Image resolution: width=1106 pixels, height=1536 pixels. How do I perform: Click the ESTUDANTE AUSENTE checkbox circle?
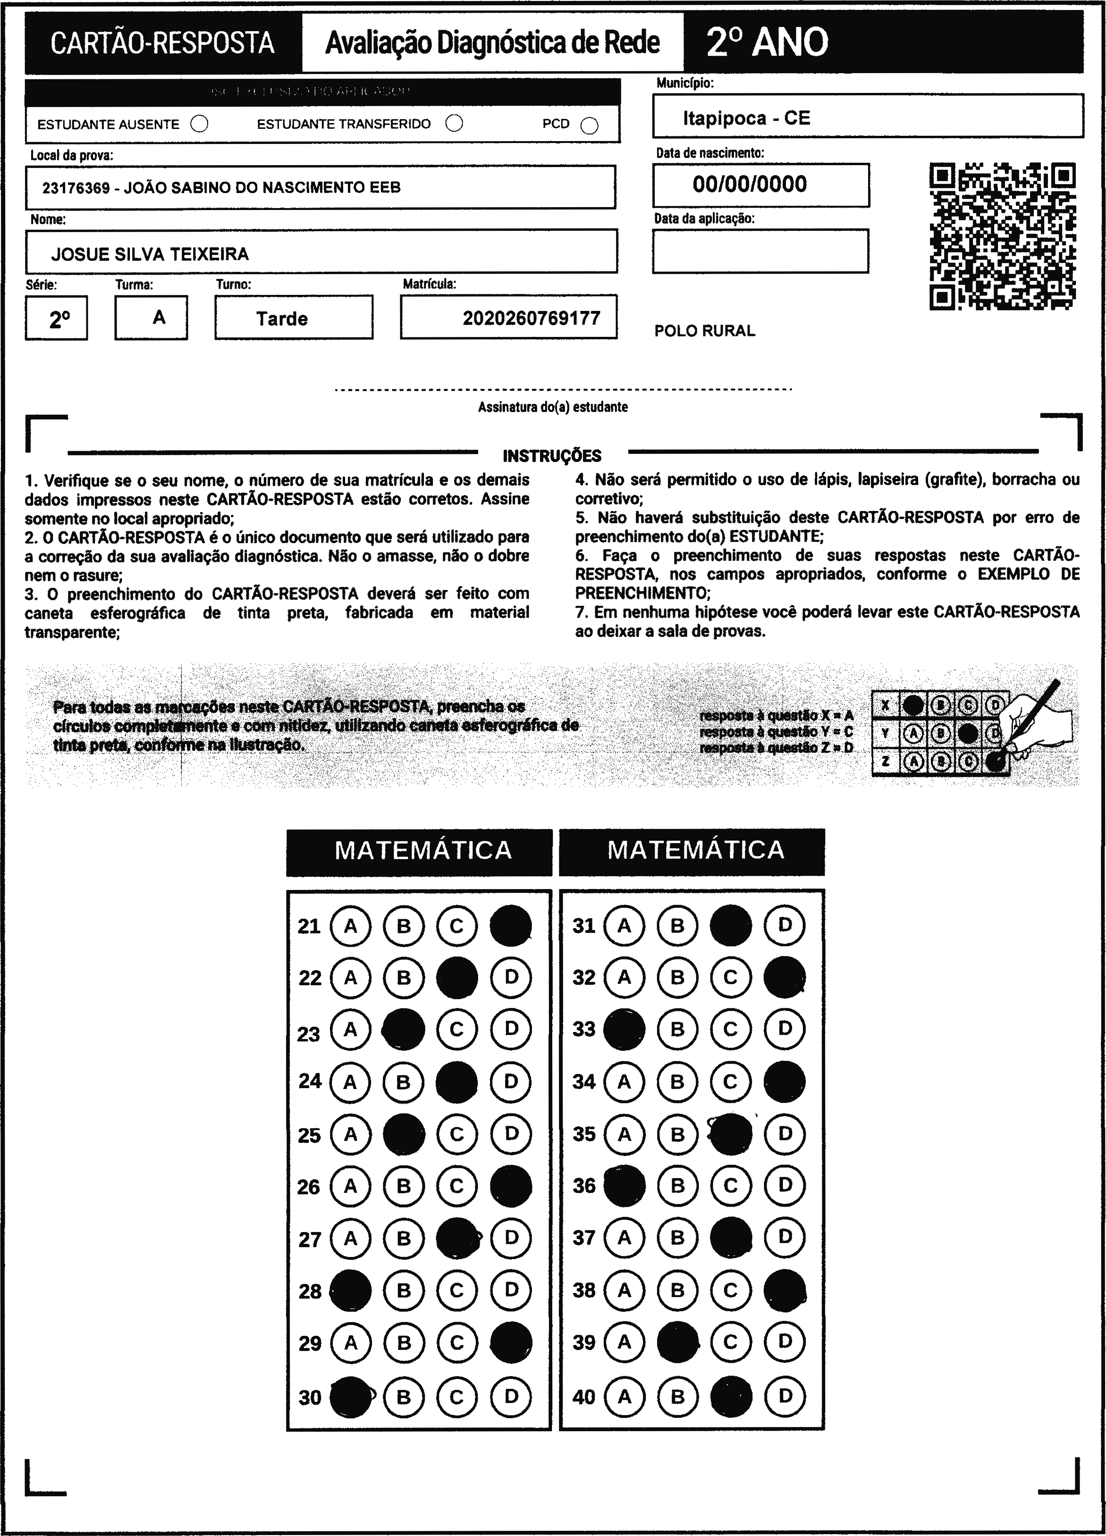coord(199,124)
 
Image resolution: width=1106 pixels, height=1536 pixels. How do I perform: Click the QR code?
coord(1002,235)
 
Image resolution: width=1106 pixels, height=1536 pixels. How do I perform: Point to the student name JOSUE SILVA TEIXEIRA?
coord(151,254)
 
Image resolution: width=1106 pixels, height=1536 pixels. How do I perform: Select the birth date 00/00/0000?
coord(750,184)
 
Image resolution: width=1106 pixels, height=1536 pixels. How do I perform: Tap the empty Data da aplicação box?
coord(760,251)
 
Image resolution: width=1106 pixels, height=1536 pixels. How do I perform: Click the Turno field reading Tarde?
coord(282,319)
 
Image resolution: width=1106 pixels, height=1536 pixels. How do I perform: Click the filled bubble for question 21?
coord(511,925)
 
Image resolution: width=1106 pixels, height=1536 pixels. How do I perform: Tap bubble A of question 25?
coord(350,1133)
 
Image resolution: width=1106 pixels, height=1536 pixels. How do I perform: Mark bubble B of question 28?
coord(404,1290)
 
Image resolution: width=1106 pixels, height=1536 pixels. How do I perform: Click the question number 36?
coord(584,1185)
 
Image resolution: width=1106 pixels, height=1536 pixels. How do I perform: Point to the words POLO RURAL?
coord(704,331)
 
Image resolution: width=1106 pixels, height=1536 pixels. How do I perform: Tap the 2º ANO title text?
coord(768,42)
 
